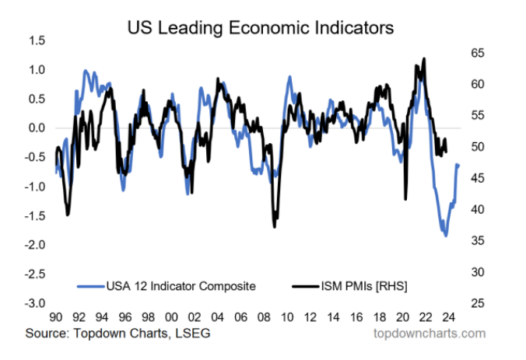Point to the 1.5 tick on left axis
[37, 40]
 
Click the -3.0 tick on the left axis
[35, 303]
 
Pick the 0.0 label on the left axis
[37, 128]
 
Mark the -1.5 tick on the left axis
[35, 215]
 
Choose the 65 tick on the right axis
[477, 53]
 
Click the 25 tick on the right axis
[477, 303]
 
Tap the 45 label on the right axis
[477, 178]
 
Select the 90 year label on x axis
[56, 318]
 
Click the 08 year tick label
[265, 318]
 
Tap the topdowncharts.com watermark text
[430, 334]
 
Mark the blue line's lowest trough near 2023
[446, 236]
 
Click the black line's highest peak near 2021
[423, 58]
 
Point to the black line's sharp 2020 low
[405, 200]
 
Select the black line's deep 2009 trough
[275, 226]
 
